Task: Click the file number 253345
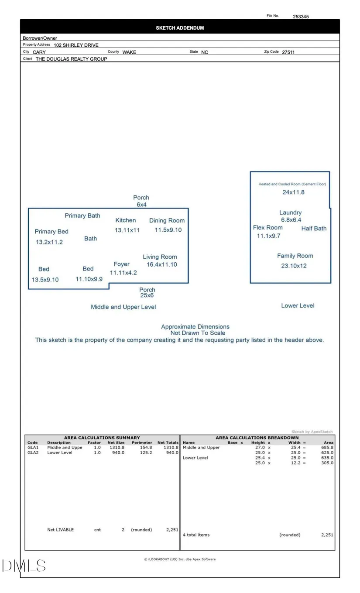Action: [301, 17]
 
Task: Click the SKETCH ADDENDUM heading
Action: [180, 28]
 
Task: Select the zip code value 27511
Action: [288, 52]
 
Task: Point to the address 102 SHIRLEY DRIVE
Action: [76, 45]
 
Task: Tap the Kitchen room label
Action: [125, 220]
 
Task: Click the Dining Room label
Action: [167, 221]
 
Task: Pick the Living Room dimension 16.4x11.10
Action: [161, 264]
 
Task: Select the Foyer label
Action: [121, 264]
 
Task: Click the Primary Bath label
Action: [82, 216]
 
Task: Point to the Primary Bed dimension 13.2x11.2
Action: [49, 242]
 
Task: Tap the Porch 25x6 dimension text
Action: [147, 295]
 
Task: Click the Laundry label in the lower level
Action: [290, 213]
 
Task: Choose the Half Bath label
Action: [314, 228]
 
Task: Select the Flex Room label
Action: [267, 227]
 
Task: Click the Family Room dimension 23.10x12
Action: [294, 266]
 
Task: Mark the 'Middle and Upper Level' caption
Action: [123, 307]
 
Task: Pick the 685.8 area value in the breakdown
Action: [326, 448]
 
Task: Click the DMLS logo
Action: [24, 566]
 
